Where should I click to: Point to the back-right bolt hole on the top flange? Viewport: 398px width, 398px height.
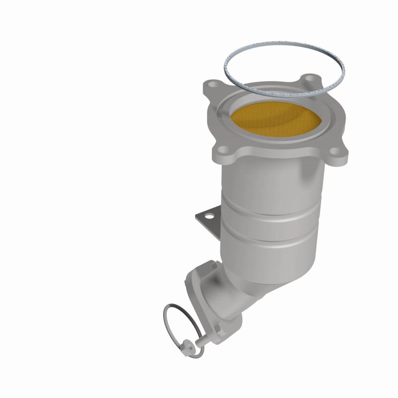[310, 79]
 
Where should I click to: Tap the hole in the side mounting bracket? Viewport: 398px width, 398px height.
[208, 216]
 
